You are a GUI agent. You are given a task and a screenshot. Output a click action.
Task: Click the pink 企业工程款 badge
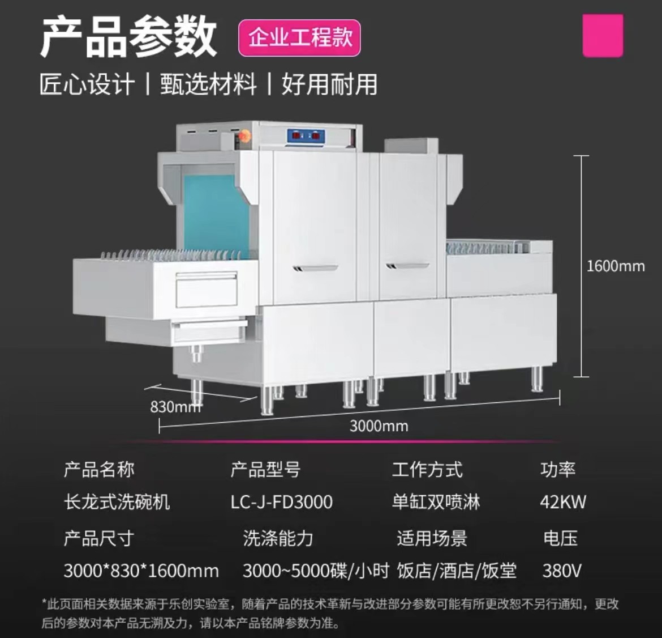pos(299,38)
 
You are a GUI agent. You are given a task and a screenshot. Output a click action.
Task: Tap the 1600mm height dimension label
pos(616,266)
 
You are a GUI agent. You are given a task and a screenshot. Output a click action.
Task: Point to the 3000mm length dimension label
pos(379,426)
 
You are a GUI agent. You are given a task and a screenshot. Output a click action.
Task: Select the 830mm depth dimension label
pos(175,407)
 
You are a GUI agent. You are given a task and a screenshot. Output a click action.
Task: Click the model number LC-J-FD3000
pos(282,502)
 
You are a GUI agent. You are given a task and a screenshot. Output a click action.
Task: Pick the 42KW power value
pos(563,502)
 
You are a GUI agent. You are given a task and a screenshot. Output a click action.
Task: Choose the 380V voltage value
pos(562,571)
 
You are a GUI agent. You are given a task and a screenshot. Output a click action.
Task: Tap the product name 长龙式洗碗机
pos(117,502)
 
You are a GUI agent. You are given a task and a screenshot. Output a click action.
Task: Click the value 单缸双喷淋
pos(436,502)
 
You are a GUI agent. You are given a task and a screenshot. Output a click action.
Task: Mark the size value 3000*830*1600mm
pos(141,571)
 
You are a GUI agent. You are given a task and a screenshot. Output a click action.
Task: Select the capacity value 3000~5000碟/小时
pos(316,571)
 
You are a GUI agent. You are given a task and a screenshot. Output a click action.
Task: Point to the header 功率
pos(558,469)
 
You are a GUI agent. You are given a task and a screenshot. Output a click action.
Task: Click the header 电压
pos(560,538)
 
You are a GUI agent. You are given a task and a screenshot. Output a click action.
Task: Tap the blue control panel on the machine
pos(306,136)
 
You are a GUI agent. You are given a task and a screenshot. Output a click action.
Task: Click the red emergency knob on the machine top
pos(244,137)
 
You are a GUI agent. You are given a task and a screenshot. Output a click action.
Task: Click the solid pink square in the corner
pos(603,36)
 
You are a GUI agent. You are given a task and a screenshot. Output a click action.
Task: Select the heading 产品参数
pos(128,37)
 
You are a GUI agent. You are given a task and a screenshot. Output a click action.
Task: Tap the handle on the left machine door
pos(315,268)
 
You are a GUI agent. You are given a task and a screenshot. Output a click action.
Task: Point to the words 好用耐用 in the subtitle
pos(329,84)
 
